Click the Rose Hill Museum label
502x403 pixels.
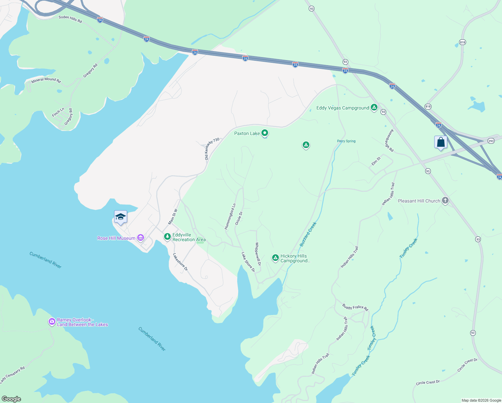point(116,238)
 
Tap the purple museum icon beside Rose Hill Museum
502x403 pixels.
point(141,238)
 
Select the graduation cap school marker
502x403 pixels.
point(120,217)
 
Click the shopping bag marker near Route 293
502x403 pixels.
point(441,142)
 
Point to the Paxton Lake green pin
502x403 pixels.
point(265,133)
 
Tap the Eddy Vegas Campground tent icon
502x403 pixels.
point(374,108)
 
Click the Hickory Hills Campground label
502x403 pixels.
point(295,258)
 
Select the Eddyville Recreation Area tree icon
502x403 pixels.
point(167,237)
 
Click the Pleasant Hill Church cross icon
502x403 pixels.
point(445,201)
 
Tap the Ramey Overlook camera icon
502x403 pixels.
point(52,322)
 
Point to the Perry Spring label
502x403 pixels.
point(346,141)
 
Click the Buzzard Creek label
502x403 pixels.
point(308,234)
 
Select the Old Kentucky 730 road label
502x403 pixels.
point(212,148)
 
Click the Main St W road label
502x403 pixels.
point(173,217)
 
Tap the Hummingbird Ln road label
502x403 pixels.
point(230,217)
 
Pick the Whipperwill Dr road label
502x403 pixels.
point(258,254)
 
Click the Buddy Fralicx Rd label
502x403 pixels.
point(355,307)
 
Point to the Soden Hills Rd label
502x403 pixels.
point(70,19)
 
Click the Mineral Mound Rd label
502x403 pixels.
point(46,80)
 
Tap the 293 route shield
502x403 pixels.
point(491,141)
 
